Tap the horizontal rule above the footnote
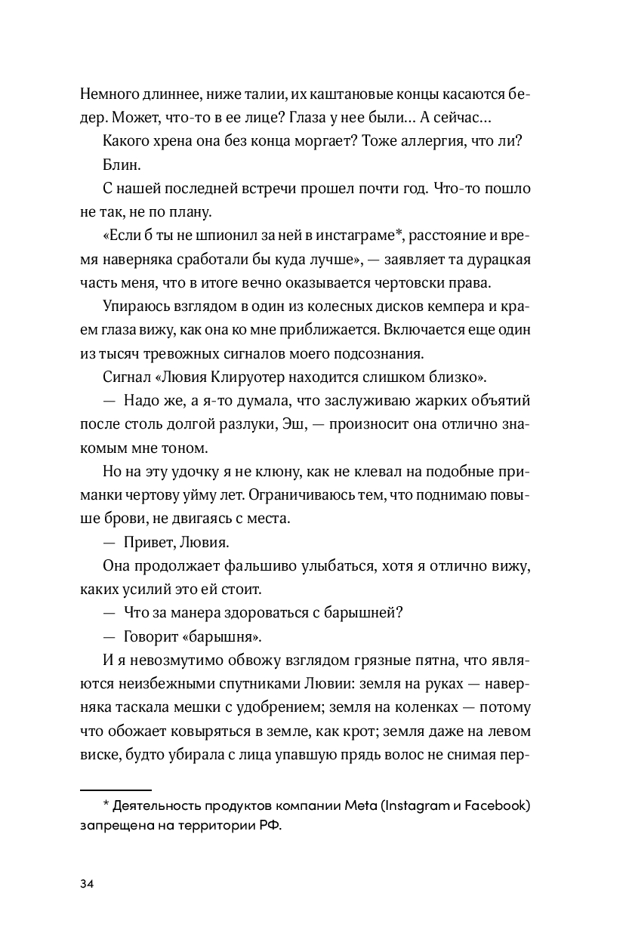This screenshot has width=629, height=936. (116, 788)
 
